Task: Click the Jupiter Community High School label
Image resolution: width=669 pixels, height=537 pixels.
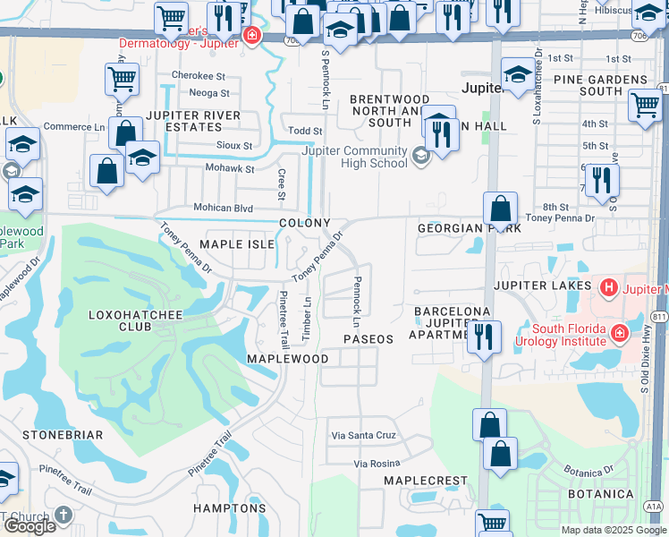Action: coord(355,158)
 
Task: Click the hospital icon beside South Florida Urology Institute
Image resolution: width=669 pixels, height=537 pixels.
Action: coord(619,334)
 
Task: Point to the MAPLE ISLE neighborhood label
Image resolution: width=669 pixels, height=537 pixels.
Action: coord(233,243)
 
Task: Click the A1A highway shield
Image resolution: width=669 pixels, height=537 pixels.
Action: coord(653,506)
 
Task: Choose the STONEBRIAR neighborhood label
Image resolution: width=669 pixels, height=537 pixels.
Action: coord(58,435)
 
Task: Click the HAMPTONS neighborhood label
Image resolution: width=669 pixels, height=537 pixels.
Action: coord(230,508)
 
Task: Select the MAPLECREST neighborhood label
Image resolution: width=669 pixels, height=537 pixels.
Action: coord(426,481)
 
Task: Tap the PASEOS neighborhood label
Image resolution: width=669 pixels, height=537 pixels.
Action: coord(368,339)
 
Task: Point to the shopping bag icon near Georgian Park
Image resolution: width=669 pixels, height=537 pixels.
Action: coord(502,209)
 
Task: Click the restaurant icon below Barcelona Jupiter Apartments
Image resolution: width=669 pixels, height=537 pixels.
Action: coord(483,337)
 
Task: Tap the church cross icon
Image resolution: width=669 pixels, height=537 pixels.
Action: coord(63,515)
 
